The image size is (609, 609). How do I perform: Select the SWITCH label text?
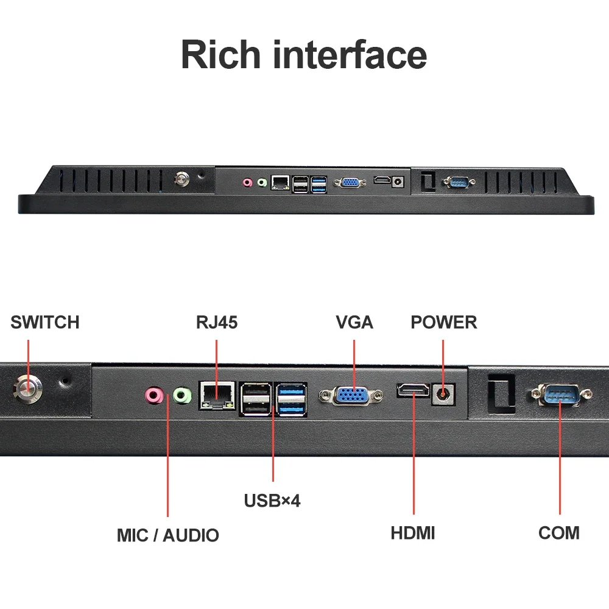[x=45, y=322]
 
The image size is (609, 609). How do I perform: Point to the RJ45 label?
[x=217, y=322]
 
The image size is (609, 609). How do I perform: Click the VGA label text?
[x=354, y=322]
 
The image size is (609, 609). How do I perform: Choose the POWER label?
[x=444, y=322]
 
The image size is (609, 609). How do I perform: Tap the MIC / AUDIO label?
[x=168, y=535]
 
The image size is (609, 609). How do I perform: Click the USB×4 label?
[x=272, y=501]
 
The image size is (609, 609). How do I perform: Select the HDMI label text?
[x=413, y=533]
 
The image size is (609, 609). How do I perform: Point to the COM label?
[x=559, y=533]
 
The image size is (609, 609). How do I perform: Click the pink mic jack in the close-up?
[x=154, y=395]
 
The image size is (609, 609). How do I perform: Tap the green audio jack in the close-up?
[x=181, y=396]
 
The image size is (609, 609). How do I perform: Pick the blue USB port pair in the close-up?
[x=291, y=400]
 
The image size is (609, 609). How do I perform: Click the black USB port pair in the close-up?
[x=256, y=400]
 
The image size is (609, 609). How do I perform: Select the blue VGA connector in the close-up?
[x=351, y=396]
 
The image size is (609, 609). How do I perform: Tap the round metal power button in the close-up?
[x=27, y=389]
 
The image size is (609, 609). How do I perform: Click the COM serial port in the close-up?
[x=561, y=395]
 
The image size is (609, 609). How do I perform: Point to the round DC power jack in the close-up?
[x=443, y=395]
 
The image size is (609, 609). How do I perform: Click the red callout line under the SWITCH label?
[x=29, y=365]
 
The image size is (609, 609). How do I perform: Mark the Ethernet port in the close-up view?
[x=217, y=395]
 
